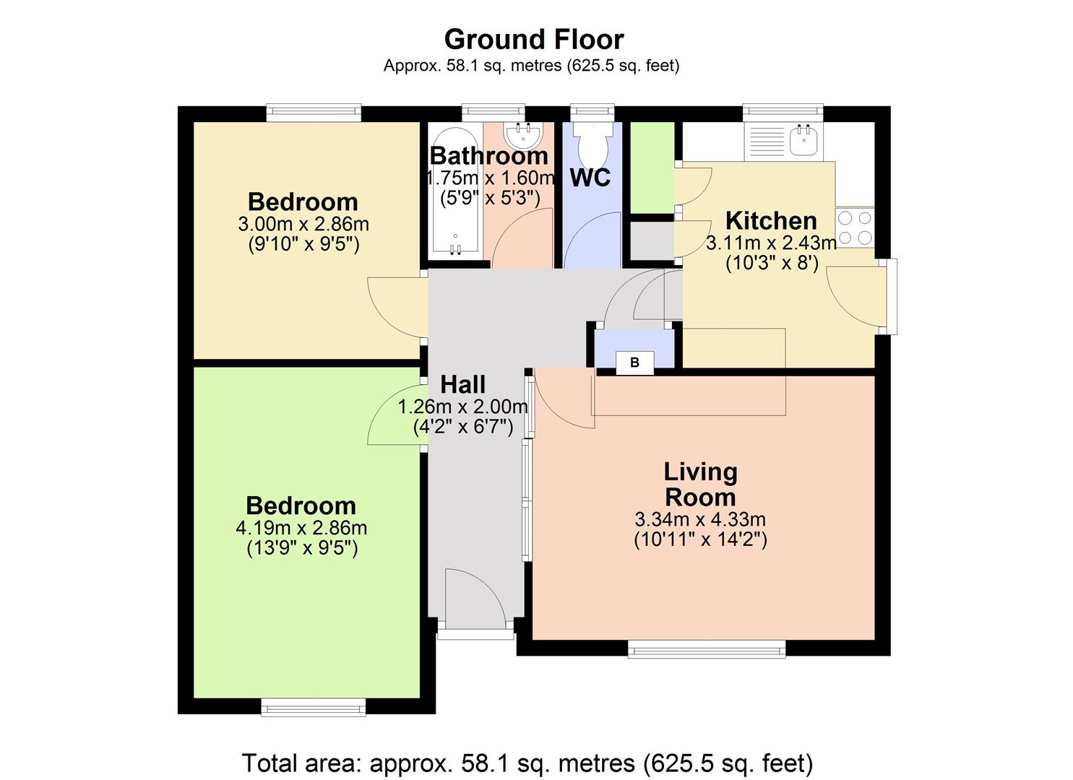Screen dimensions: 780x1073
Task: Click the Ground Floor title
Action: tap(534, 39)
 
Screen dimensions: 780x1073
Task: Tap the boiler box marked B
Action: tap(634, 363)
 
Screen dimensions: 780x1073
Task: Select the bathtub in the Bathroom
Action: tap(454, 191)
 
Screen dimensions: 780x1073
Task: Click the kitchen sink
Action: tap(803, 140)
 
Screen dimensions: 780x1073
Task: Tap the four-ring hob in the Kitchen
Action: tap(855, 227)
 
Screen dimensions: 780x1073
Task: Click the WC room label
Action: tap(590, 178)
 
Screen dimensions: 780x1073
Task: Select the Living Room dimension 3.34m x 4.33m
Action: tap(699, 519)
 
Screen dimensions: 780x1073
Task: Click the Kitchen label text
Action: tap(771, 220)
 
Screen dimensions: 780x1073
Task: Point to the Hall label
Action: tap(462, 384)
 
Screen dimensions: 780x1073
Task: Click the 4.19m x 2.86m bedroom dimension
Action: tap(301, 528)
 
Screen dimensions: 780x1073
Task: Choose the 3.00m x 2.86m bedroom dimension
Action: tap(303, 224)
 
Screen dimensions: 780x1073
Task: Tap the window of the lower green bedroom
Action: tap(313, 706)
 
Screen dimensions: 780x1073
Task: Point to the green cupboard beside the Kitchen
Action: tap(652, 168)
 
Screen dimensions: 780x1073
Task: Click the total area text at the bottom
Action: tap(527, 763)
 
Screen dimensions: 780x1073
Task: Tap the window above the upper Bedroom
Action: tap(313, 112)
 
